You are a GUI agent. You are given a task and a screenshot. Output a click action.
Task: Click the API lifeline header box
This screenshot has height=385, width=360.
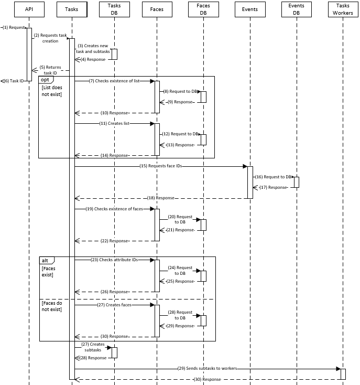tap(29, 9)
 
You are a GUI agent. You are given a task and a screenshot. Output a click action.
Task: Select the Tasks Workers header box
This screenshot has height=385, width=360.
tap(343, 9)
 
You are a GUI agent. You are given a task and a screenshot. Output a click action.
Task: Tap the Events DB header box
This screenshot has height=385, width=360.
tap(296, 9)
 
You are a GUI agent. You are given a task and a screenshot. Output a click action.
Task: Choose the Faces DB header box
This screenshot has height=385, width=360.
tap(203, 9)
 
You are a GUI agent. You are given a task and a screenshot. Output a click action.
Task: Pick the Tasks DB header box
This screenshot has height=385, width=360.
tap(114, 9)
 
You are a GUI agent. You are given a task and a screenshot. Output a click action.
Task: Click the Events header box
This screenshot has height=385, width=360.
tap(250, 9)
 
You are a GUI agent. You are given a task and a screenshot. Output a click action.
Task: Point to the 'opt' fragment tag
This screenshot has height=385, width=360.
tap(46, 79)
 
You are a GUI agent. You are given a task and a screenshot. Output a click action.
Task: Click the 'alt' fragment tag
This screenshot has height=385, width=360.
tap(46, 260)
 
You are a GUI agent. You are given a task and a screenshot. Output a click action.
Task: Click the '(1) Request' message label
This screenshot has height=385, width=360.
tap(13, 27)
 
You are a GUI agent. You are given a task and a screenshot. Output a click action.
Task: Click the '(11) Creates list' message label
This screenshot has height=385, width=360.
tap(114, 123)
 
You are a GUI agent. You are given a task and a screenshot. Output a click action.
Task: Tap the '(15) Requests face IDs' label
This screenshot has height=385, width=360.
tap(161, 166)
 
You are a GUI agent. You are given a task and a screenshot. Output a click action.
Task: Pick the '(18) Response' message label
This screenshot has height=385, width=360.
tap(161, 198)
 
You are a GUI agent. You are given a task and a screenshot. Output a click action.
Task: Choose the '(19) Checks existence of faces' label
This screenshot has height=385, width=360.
tap(114, 209)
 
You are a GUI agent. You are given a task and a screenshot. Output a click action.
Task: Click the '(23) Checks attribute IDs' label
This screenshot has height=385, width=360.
tap(114, 260)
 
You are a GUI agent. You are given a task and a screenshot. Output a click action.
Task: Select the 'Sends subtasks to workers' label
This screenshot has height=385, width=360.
tap(208, 368)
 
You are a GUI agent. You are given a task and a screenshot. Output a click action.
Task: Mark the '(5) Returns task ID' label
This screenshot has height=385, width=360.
tap(51, 70)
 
